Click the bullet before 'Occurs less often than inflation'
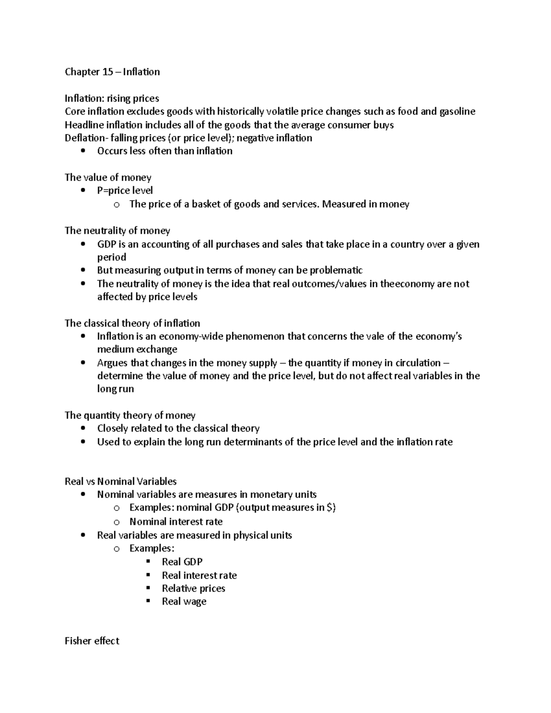83,151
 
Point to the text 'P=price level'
125,191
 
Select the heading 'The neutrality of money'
118,230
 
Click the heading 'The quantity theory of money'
130,415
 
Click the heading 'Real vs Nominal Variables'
121,482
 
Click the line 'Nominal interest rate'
176,522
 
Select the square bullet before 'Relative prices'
148,588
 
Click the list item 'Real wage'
184,601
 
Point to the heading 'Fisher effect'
92,641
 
